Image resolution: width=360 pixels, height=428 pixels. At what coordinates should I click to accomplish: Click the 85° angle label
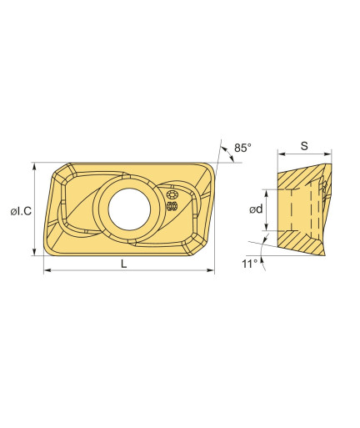point(242,148)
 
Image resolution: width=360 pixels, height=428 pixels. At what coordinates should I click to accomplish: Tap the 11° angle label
point(250,264)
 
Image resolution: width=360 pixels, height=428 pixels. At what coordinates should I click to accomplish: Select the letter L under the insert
point(124,264)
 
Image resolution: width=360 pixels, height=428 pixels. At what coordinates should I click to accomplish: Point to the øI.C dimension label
point(21,212)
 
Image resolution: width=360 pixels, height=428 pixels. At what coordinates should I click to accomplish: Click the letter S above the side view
point(304,146)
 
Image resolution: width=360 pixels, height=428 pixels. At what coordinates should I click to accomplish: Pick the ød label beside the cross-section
point(256,209)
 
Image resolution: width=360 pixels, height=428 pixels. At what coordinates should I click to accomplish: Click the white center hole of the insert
point(129,209)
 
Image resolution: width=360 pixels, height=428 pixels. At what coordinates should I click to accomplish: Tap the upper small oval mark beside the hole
point(172,194)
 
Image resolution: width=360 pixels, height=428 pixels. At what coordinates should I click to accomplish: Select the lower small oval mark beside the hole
point(172,206)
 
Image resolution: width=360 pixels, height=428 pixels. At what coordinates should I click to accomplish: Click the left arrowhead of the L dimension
point(47,270)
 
